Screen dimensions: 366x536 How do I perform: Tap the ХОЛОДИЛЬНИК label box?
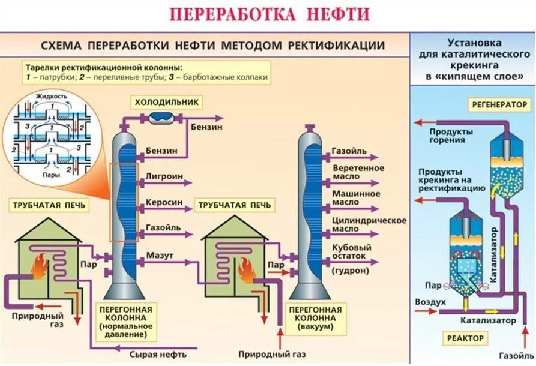(x=167, y=102)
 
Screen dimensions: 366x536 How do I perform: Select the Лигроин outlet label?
(x=161, y=177)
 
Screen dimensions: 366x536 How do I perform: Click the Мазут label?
(x=160, y=256)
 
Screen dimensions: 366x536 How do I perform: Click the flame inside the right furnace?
(x=246, y=271)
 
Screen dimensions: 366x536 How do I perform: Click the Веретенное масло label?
(x=354, y=172)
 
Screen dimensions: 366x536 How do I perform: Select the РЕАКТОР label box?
(x=465, y=338)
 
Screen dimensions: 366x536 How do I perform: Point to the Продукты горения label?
(x=451, y=136)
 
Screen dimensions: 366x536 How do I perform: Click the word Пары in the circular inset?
(x=50, y=175)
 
